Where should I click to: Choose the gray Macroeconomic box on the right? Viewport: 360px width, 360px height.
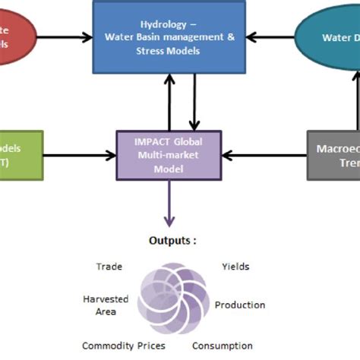click(x=333, y=156)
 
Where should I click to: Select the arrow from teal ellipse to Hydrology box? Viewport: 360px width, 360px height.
click(x=269, y=35)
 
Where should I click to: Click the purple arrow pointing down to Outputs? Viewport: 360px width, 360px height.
click(x=169, y=201)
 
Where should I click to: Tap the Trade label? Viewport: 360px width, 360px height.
click(x=109, y=267)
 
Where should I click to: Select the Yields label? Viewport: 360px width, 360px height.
click(x=235, y=267)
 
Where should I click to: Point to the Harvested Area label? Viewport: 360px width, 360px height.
click(x=106, y=305)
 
